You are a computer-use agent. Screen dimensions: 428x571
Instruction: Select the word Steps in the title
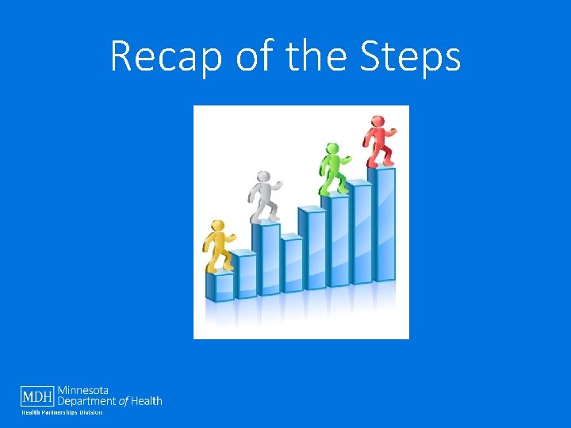(x=409, y=57)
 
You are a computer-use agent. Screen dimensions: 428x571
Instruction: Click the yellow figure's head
(x=216, y=226)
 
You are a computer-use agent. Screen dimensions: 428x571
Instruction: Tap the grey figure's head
(x=263, y=176)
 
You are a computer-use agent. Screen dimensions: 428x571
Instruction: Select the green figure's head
(x=332, y=148)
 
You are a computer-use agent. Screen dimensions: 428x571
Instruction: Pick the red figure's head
(x=378, y=121)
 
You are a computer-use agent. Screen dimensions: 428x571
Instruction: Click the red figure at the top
(x=378, y=143)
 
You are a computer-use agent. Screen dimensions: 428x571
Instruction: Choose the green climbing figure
(x=332, y=169)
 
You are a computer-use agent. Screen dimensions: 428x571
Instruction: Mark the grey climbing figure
(x=263, y=197)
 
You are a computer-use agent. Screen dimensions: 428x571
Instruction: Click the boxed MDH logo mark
(x=37, y=396)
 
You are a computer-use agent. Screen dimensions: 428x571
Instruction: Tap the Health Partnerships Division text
(x=61, y=412)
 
